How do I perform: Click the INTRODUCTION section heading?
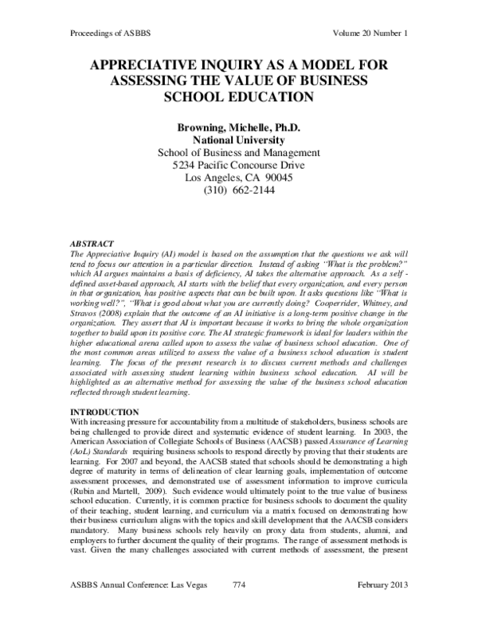pyautogui.click(x=96, y=401)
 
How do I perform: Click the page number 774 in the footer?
pyautogui.click(x=238, y=606)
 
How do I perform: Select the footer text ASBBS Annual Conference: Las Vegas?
pyautogui.click(x=134, y=606)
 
